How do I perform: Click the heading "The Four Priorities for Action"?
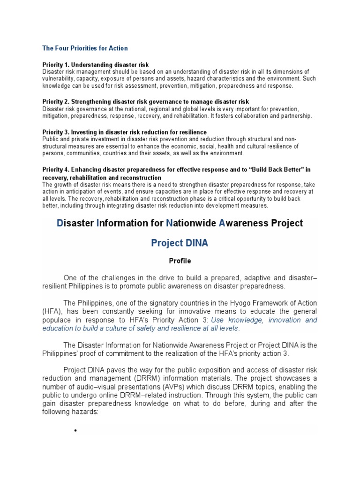tap(85, 48)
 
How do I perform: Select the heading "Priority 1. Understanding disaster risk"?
tap(96, 64)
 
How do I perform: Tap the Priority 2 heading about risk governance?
tap(145, 102)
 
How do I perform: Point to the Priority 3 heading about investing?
tap(124, 132)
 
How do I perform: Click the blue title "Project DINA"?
tap(180, 243)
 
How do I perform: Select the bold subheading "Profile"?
tap(180, 261)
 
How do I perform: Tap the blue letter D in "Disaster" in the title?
tap(60, 223)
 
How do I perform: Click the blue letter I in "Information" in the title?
tap(98, 223)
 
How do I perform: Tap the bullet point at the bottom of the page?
tap(75, 431)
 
